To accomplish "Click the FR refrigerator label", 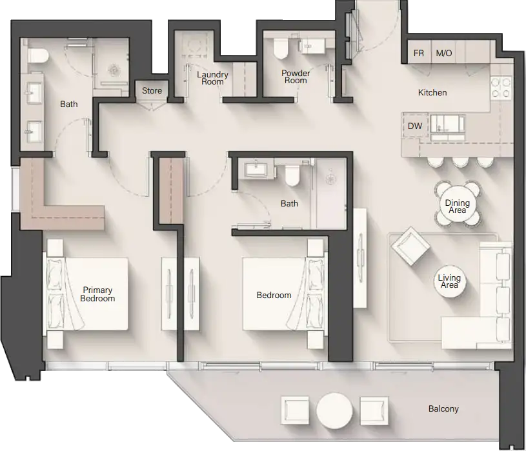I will [419, 53].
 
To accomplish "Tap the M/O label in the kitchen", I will [443, 53].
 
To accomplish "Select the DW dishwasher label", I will [415, 126].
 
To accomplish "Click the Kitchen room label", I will [432, 92].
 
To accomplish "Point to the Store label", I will [152, 91].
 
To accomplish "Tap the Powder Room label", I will [296, 77].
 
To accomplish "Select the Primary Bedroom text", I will [97, 294].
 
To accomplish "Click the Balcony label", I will [443, 409].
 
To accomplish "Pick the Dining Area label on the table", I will [458, 206].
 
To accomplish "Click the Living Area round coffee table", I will [449, 281].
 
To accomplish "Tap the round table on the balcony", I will [336, 409].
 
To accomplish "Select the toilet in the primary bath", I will [35, 55].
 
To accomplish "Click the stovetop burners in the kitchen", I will [501, 87].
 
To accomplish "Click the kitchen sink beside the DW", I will [446, 123].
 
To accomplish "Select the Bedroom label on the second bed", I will [274, 295].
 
